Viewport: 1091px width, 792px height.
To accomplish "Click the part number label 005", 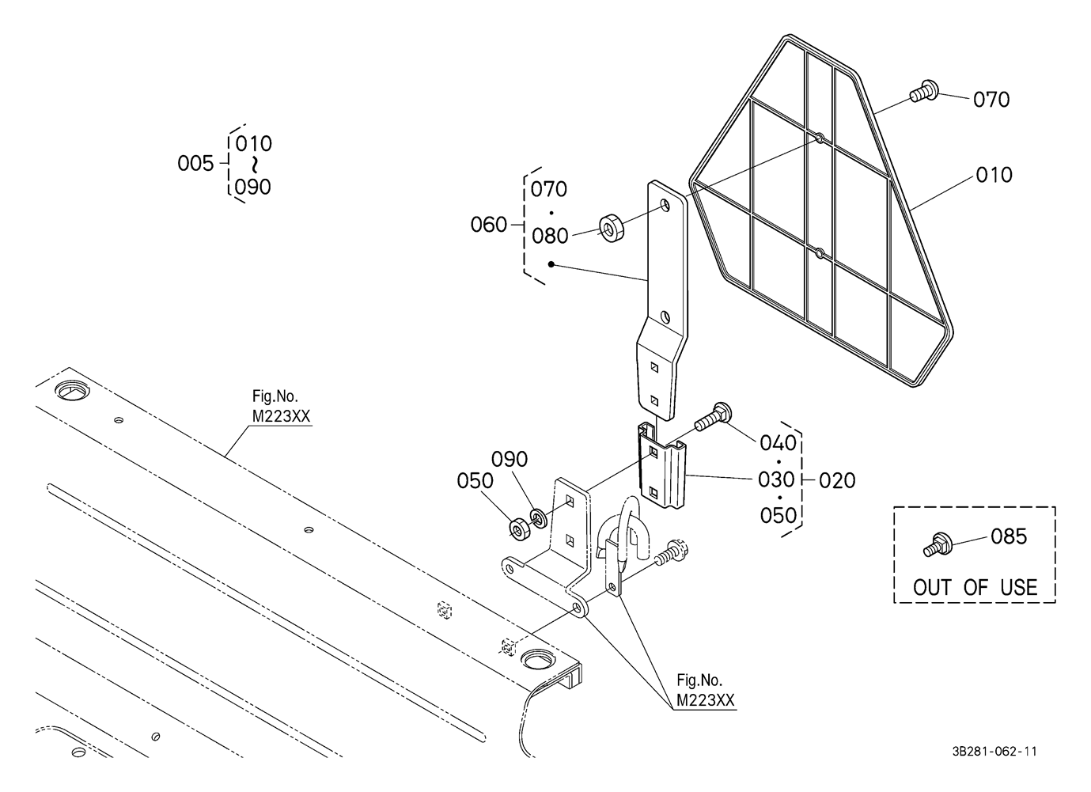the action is pyautogui.click(x=195, y=163).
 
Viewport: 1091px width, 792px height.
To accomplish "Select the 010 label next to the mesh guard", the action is pyautogui.click(x=994, y=175).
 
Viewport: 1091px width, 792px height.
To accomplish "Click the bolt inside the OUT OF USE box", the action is pyautogui.click(x=938, y=545).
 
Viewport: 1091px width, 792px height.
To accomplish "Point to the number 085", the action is pyautogui.click(x=1009, y=536).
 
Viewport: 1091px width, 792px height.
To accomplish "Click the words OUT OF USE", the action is pyautogui.click(x=975, y=587).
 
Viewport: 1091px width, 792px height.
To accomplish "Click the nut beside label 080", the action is pyautogui.click(x=612, y=227).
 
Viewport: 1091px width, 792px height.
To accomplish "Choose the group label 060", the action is pyautogui.click(x=488, y=225).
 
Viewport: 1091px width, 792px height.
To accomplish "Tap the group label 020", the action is pyautogui.click(x=837, y=480).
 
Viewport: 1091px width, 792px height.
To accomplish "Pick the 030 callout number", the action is pyautogui.click(x=776, y=479).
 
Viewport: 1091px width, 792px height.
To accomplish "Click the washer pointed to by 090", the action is pyautogui.click(x=537, y=517).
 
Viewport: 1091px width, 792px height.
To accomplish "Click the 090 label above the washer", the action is pyautogui.click(x=509, y=459).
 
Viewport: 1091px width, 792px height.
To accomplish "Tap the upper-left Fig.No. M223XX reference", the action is pyautogui.click(x=281, y=406).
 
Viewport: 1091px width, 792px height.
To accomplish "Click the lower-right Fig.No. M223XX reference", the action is pyautogui.click(x=706, y=690).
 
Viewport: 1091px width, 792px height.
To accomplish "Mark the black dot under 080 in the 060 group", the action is pyautogui.click(x=551, y=264).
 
